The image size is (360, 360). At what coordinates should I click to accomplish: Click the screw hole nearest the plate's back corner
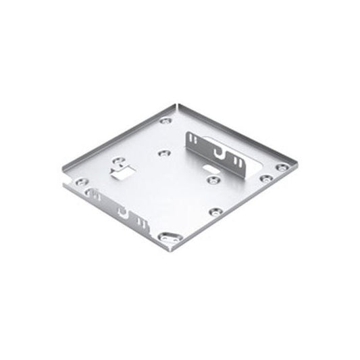[x=166, y=121]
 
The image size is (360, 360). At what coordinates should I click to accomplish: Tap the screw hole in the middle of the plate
[x=163, y=153]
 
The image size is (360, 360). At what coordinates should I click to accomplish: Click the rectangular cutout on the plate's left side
[x=120, y=174]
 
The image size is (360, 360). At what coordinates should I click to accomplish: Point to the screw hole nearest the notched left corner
[x=80, y=182]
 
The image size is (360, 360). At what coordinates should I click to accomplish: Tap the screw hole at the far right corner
[x=281, y=167]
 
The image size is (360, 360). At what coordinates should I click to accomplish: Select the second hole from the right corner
[x=266, y=178]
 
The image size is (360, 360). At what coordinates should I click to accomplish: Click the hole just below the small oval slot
[x=213, y=180]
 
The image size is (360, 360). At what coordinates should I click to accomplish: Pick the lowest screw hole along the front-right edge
[x=215, y=211]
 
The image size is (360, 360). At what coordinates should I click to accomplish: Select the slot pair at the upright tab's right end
[x=238, y=162]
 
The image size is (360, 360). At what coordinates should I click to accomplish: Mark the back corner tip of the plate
[x=177, y=104]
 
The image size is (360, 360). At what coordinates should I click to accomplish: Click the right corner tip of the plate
[x=295, y=164]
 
